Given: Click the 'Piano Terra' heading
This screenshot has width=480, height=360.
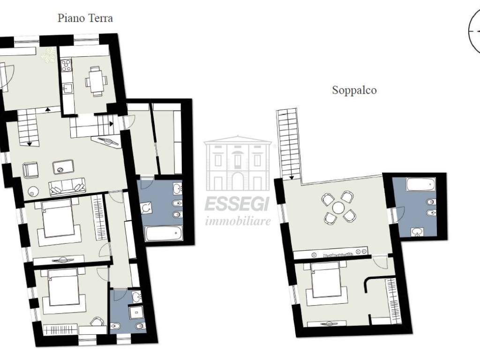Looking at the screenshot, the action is pyautogui.click(x=85, y=18).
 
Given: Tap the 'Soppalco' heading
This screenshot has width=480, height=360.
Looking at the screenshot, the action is pyautogui.click(x=354, y=90).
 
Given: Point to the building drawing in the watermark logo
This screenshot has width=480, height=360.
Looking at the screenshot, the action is pyautogui.click(x=238, y=165).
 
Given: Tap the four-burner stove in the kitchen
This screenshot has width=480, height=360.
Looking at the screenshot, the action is pyautogui.click(x=66, y=65).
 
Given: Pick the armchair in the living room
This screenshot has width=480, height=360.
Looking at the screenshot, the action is pyautogui.click(x=30, y=170).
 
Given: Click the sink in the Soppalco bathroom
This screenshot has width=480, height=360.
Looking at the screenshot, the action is pyautogui.click(x=416, y=232).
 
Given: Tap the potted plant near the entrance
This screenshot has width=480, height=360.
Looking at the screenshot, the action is pyautogui.click(x=48, y=55).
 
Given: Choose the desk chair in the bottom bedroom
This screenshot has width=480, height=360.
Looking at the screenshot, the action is pyautogui.click(x=97, y=321).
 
